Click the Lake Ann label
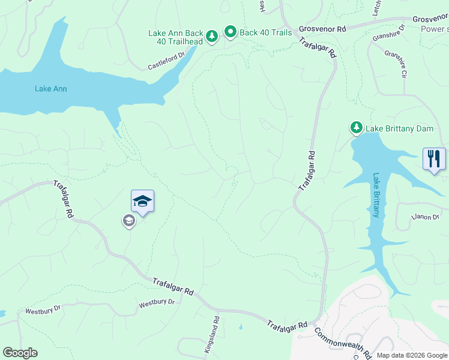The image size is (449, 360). click(50, 89)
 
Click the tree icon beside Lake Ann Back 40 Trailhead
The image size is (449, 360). click(212, 37)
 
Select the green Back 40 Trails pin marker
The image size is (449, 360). click(230, 32)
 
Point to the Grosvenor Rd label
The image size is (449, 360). click(324, 29)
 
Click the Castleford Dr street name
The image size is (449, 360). click(166, 61)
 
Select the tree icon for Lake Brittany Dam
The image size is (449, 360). click(357, 128)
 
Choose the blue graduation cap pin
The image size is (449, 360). click(142, 200)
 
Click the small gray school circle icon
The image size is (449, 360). click(128, 221)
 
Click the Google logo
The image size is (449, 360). click(20, 353)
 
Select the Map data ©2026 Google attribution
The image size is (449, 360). click(412, 355)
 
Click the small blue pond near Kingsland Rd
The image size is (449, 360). click(240, 328)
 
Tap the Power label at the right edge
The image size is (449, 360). click(435, 29)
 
